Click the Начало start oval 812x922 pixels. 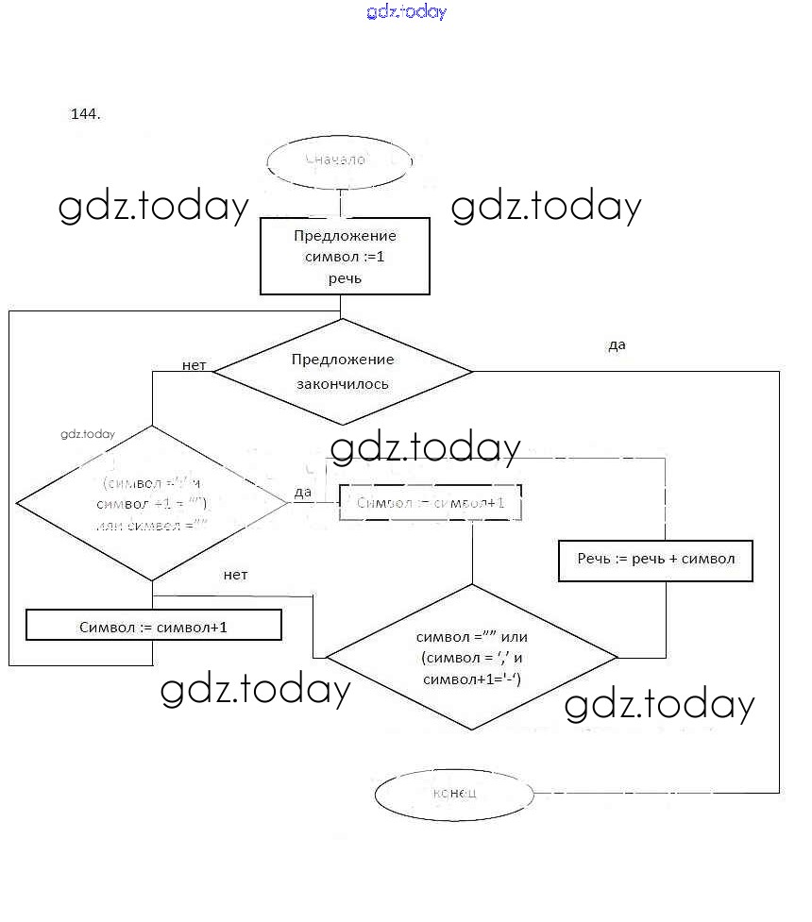click(x=341, y=161)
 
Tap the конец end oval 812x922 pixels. click(x=454, y=793)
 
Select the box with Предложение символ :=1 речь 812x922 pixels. click(x=345, y=257)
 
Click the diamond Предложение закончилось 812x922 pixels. click(x=342, y=371)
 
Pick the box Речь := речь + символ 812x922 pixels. click(x=655, y=560)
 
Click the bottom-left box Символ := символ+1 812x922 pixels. click(x=153, y=626)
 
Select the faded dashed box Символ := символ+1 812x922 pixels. click(x=431, y=503)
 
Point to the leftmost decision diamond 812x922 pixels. click(x=152, y=502)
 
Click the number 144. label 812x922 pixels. click(x=85, y=114)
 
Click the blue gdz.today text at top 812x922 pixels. click(x=406, y=11)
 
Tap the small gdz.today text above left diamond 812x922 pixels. click(x=87, y=434)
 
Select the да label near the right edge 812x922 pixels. click(x=617, y=345)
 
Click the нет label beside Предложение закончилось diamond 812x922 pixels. click(x=195, y=365)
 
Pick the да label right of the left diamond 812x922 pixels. click(x=303, y=492)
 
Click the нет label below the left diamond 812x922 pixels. click(x=235, y=575)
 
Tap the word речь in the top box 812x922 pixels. click(x=345, y=278)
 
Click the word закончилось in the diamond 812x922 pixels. click(x=343, y=384)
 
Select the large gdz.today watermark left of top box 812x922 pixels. click(x=154, y=207)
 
